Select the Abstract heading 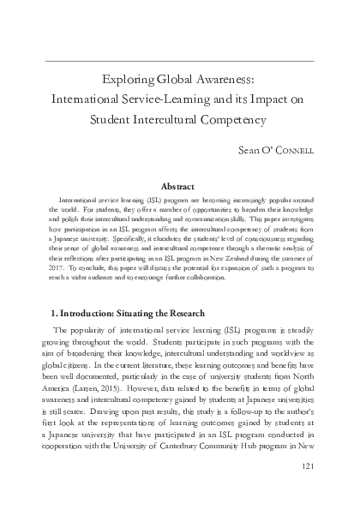[180, 185]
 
